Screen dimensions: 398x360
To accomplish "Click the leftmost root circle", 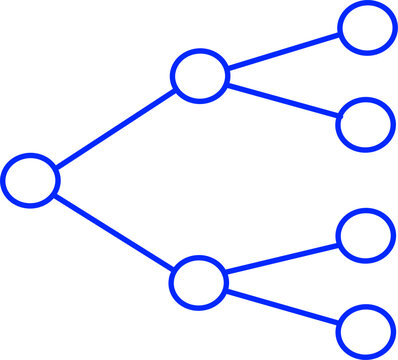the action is pos(30,180).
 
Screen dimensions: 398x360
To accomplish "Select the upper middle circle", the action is pos(200,76).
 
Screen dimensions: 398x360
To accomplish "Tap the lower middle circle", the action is pos(199,281).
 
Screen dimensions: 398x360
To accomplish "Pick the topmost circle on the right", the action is pos(367,27).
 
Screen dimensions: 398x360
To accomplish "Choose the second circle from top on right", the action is pos(366,124).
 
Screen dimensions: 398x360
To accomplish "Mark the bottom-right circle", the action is pos(366,330).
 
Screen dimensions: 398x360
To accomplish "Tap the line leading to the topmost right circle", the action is pos(283,51).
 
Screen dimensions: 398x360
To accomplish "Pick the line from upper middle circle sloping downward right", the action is pos(283,100).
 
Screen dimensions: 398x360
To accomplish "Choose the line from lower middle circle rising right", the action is pos(283,257).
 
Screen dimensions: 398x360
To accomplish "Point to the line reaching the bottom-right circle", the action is pos(283,306).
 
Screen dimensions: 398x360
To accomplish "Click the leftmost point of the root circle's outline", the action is pos(3,180).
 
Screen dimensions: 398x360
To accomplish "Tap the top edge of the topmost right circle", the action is pos(367,4).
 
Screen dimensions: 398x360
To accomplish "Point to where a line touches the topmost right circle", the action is pos(340,34).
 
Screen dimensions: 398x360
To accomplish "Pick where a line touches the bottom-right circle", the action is pos(340,323).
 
